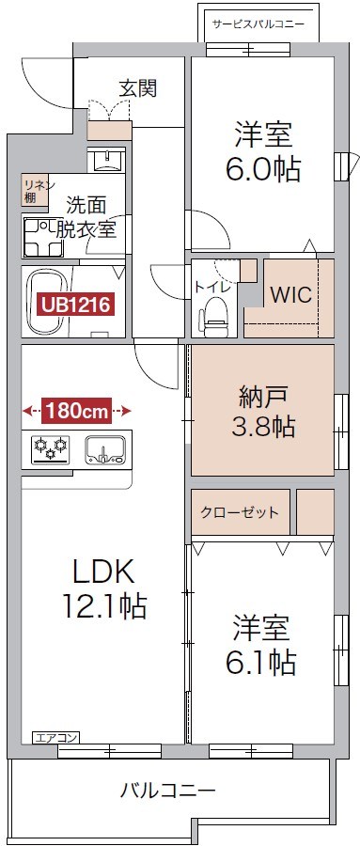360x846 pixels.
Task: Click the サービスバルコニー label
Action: (x=258, y=23)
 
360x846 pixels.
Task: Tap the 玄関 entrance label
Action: (x=137, y=88)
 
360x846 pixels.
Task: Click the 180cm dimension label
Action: (x=76, y=410)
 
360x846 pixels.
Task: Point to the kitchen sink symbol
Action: (x=103, y=449)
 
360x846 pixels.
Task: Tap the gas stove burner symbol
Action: (x=48, y=449)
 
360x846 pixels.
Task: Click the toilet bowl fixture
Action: (x=215, y=315)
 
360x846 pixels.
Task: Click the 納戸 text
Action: (x=263, y=397)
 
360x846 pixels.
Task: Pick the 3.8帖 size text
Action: (x=263, y=428)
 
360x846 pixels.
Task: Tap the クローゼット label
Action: (x=240, y=512)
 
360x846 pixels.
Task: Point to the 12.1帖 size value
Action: (x=104, y=606)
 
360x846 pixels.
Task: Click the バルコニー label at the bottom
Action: (x=167, y=790)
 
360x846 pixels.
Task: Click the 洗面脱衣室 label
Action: (x=86, y=215)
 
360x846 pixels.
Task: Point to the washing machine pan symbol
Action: (x=42, y=237)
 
